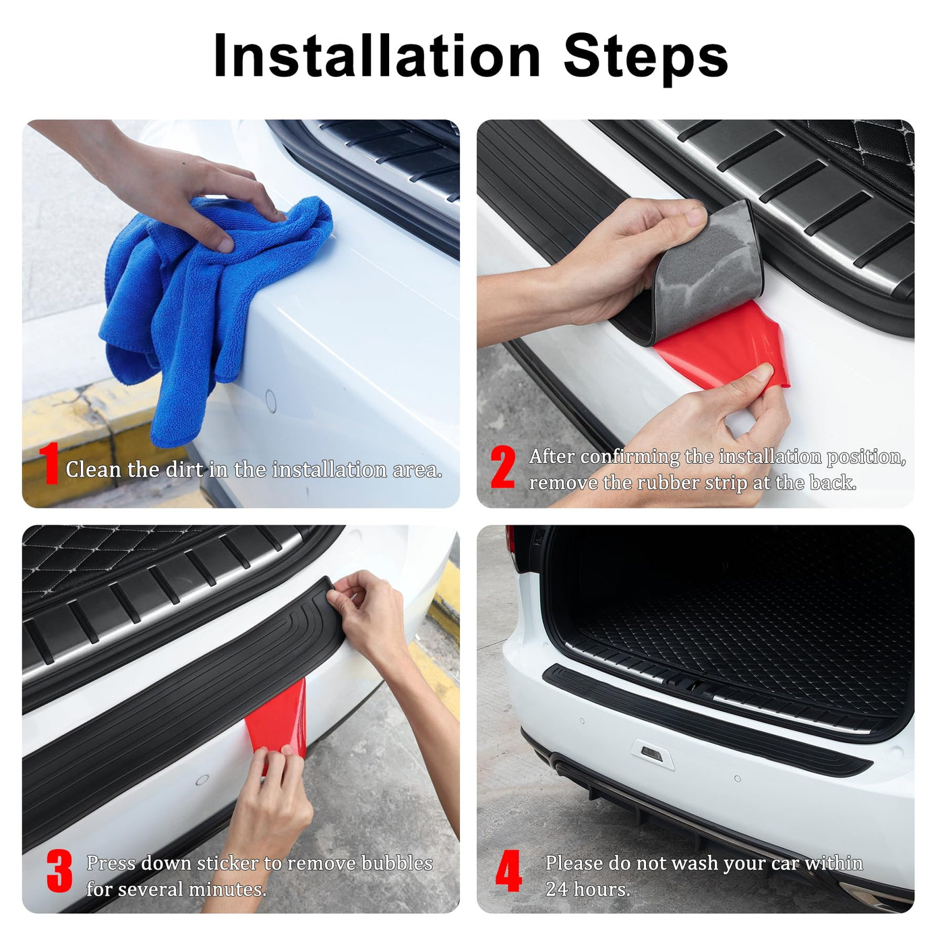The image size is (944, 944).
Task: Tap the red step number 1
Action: pos(49,463)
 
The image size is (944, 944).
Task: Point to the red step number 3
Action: pos(59,871)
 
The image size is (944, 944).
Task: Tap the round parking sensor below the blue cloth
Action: pos(271,401)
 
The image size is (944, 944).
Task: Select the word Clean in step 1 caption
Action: pos(93,469)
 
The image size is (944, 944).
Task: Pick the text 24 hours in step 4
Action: pos(587,889)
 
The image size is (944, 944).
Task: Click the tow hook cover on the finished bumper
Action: pos(652,755)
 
